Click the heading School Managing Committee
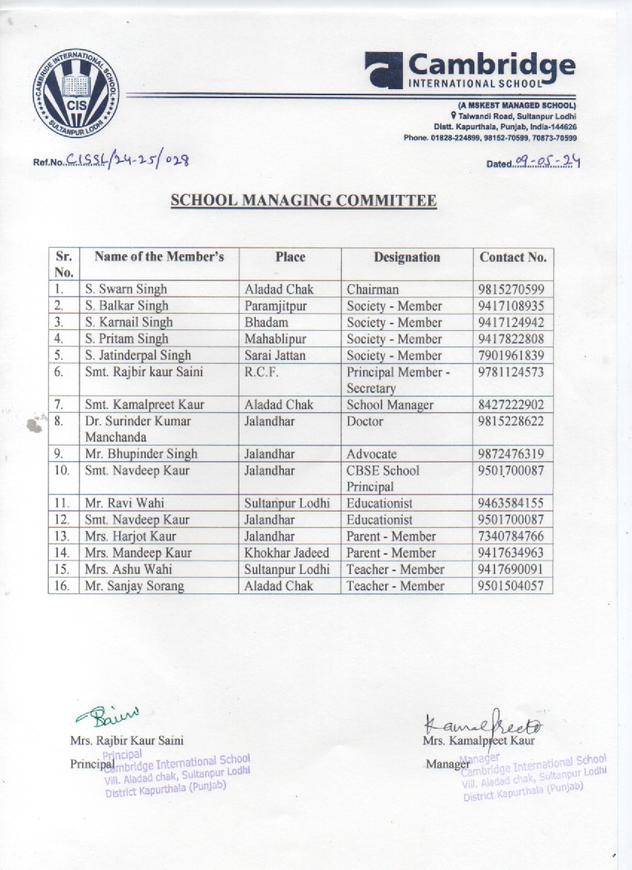point(303,200)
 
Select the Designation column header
point(407,257)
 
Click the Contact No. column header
point(513,257)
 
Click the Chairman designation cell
point(373,289)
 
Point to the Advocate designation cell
point(372,454)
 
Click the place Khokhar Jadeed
point(286,552)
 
